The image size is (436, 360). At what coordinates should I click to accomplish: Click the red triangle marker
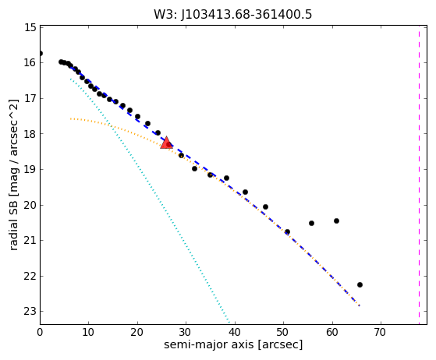point(167,143)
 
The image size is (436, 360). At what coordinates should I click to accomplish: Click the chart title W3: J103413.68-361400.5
point(233,15)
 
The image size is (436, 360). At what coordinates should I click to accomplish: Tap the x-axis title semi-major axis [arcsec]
point(233,344)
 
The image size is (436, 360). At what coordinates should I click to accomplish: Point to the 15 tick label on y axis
point(30,27)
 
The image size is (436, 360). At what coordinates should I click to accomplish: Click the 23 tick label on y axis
point(30,312)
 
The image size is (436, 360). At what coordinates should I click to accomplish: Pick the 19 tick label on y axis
point(30,169)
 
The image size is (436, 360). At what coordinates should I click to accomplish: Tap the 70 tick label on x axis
point(380,332)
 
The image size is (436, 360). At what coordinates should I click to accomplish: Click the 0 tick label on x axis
point(40,332)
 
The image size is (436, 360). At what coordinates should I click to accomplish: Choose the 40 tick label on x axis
point(235,332)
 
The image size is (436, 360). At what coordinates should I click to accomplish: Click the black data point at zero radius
point(41,53)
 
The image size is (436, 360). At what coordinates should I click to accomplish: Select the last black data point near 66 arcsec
point(360,284)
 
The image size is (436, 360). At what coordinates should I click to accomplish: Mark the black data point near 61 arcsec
point(336,221)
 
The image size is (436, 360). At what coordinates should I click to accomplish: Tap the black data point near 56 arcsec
point(311,223)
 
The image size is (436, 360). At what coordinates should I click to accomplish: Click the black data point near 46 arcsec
point(265,206)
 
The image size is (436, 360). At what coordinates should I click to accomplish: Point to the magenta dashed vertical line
point(420,175)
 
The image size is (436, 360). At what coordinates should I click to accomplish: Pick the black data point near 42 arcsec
point(245,192)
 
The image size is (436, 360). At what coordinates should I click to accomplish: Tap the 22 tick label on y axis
point(30,276)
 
